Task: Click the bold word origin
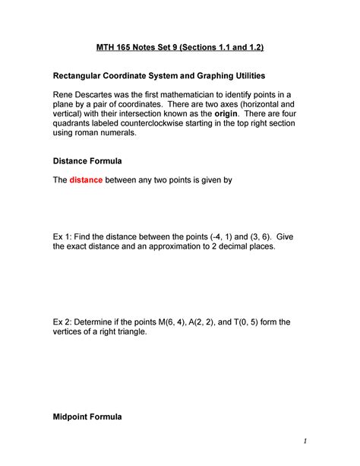(x=230, y=119)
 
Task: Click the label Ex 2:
(x=64, y=322)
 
